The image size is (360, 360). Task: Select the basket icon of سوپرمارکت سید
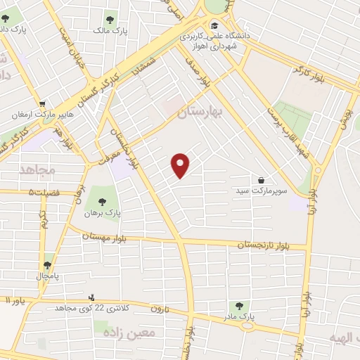coord(262,180)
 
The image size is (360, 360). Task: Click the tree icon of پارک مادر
coord(239,307)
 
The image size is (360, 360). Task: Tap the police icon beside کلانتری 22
coord(91,297)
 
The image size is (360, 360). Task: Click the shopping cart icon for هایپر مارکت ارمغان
coord(42,103)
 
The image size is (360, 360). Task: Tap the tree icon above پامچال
coord(47,265)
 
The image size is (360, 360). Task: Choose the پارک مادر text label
coord(239,319)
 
